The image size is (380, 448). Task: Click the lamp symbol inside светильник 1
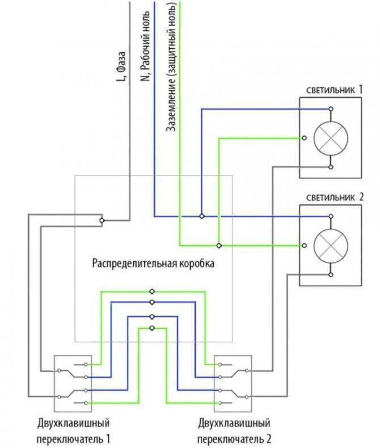[331, 138]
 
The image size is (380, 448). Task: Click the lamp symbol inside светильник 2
[331, 245]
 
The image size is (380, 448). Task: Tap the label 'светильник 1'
[335, 90]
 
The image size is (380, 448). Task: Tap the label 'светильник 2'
[335, 197]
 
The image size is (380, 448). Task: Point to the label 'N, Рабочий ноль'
[145, 46]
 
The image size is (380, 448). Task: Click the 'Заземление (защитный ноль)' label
[171, 66]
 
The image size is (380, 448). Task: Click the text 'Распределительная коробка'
[153, 263]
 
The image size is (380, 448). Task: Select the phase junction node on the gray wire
[102, 220]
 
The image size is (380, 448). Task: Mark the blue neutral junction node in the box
[202, 216]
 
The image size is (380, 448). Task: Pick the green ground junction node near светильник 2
[219, 245]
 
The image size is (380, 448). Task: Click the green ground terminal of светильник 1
[305, 138]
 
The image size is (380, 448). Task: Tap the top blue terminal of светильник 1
[331, 109]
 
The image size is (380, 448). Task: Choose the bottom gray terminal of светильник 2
[331, 275]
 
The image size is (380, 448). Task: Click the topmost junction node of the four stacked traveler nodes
[152, 292]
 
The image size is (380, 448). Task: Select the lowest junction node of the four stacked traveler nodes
[152, 328]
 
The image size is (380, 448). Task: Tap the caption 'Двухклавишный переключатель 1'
[73, 430]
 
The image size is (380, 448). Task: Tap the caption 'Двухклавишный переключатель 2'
[234, 430]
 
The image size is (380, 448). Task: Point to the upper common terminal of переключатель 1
[59, 371]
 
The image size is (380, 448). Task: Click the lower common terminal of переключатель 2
[247, 397]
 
